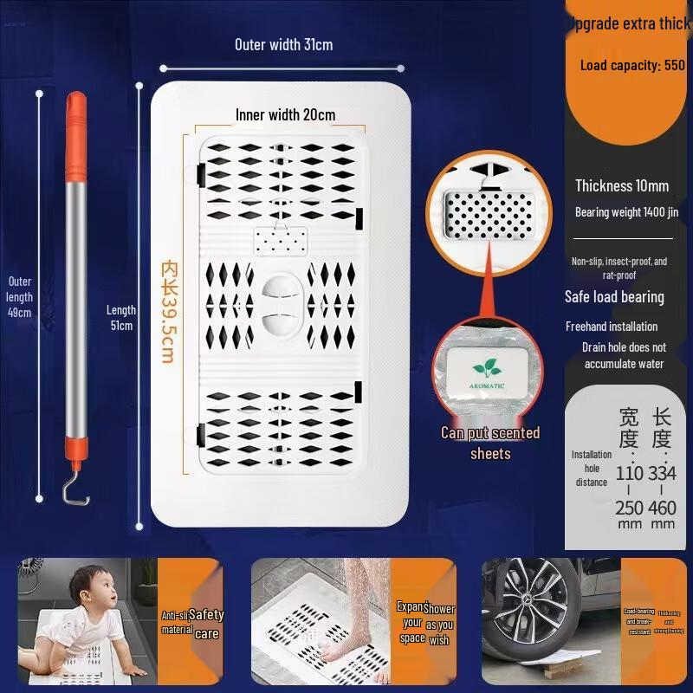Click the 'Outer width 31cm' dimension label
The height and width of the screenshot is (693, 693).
(x=283, y=45)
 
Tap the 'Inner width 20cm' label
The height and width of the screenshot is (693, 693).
(x=285, y=115)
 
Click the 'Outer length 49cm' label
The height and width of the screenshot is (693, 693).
(x=20, y=297)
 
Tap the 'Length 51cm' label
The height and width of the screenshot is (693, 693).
(x=120, y=317)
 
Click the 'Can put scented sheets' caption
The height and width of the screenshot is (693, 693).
(x=490, y=443)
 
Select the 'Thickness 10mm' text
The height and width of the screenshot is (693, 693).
(x=622, y=185)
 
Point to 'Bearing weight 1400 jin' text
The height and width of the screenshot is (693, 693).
(x=620, y=212)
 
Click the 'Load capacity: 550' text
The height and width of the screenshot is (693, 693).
(x=632, y=65)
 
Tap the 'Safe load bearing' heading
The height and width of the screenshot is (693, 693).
(x=614, y=297)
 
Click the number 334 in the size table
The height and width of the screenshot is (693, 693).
(x=663, y=473)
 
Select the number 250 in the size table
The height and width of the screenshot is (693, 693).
(x=630, y=508)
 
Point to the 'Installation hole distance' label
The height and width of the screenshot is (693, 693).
(x=592, y=468)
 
